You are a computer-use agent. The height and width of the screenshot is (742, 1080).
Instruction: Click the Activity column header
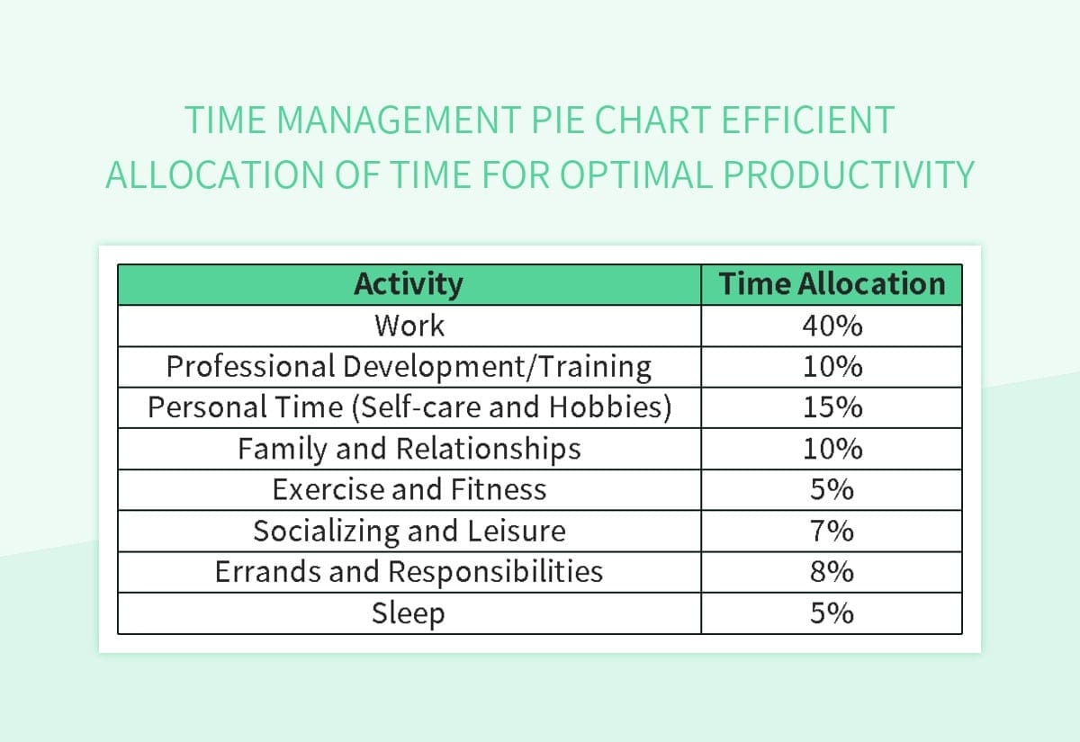[x=409, y=284]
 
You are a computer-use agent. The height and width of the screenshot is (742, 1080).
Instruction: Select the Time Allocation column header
[x=832, y=284]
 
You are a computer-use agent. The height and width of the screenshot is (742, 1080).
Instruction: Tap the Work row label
[x=409, y=326]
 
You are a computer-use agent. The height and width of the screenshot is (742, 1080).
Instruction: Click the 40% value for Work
[x=832, y=326]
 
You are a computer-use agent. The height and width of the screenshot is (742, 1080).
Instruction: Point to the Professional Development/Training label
[x=409, y=367]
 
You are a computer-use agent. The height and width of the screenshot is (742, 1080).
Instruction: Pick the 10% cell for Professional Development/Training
[x=832, y=367]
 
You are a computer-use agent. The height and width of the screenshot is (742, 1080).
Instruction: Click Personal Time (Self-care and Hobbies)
[x=409, y=408]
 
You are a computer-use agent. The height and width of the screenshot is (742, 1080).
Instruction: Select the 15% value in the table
[x=832, y=408]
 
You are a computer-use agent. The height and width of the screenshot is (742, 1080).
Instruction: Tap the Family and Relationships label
[x=409, y=449]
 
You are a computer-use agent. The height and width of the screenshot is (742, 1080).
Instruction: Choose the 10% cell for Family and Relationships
[x=832, y=449]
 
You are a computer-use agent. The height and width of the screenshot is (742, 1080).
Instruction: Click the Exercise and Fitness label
[x=409, y=490]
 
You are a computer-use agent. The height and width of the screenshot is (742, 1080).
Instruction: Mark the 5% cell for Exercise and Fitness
[x=832, y=490]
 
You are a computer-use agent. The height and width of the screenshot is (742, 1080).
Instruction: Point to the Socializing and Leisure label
[x=409, y=532]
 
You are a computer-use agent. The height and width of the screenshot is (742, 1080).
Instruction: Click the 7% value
[x=832, y=532]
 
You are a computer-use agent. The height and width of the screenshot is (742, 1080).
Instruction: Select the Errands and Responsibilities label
[x=409, y=572]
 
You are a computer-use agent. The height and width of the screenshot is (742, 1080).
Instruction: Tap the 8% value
[x=832, y=572]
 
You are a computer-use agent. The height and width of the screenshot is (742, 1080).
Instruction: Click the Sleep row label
[x=409, y=614]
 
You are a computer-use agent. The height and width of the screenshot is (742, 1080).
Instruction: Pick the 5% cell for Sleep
[x=832, y=614]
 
